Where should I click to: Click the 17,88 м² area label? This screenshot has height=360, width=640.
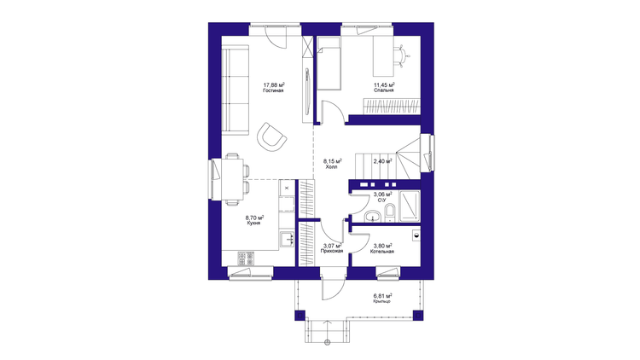click(273, 85)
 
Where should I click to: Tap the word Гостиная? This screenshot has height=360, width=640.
click(273, 90)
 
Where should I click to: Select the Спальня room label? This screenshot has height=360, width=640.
click(384, 90)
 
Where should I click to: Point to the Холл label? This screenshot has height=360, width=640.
click(331, 167)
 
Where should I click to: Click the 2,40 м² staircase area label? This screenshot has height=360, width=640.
click(383, 161)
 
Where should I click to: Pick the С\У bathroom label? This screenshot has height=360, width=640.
click(382, 200)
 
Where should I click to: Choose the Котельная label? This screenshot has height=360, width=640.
click(382, 252)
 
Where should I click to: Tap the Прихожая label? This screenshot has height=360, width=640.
click(332, 252)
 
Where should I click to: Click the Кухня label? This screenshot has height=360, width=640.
click(254, 224)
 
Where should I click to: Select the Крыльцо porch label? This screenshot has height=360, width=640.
click(382, 301)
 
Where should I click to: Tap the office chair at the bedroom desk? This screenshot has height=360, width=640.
click(402, 55)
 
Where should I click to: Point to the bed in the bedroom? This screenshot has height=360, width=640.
click(329, 63)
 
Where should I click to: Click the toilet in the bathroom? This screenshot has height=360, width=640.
click(390, 213)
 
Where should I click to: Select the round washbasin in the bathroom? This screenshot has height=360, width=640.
click(372, 216)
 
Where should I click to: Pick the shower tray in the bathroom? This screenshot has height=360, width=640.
click(410, 206)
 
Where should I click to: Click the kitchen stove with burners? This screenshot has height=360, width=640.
click(246, 258)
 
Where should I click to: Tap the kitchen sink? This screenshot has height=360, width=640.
click(288, 239)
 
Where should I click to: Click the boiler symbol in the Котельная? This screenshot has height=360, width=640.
click(416, 235)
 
